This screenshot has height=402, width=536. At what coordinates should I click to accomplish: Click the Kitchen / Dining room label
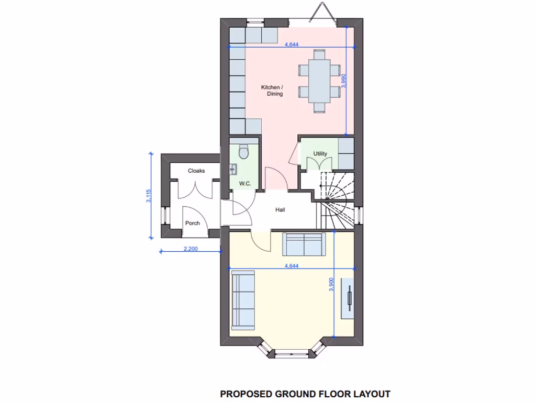272,91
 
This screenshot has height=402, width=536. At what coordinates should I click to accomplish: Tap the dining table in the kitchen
319,81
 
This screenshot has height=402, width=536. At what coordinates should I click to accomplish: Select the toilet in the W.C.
243,152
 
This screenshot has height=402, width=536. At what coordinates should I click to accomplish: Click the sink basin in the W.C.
233,169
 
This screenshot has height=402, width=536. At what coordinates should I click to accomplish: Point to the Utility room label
320,153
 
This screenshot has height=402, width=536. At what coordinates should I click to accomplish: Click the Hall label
281,210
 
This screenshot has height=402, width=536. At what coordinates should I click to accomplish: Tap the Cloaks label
196,171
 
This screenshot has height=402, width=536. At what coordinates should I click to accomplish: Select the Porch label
192,223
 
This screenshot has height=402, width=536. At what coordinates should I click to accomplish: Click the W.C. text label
245,183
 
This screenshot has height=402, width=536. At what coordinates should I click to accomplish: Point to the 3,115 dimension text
148,196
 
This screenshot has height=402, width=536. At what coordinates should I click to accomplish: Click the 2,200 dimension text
191,249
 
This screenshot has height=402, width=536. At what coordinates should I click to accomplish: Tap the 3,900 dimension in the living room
331,284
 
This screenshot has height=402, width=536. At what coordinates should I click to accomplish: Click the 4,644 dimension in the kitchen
292,44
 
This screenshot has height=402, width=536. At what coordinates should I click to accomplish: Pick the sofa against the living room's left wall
243,300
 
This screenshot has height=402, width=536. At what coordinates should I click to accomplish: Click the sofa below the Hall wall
304,242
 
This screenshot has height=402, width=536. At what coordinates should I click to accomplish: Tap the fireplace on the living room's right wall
348,298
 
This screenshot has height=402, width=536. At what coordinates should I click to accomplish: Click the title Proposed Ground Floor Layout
305,393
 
